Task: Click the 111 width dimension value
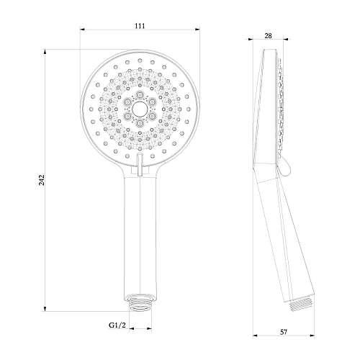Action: (x=140, y=25)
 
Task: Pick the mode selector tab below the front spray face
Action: (x=140, y=160)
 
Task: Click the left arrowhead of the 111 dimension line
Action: (x=82, y=30)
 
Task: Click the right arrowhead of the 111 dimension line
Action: (x=197, y=30)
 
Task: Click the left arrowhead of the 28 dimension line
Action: (x=259, y=40)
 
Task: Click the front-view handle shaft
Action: (x=140, y=230)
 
